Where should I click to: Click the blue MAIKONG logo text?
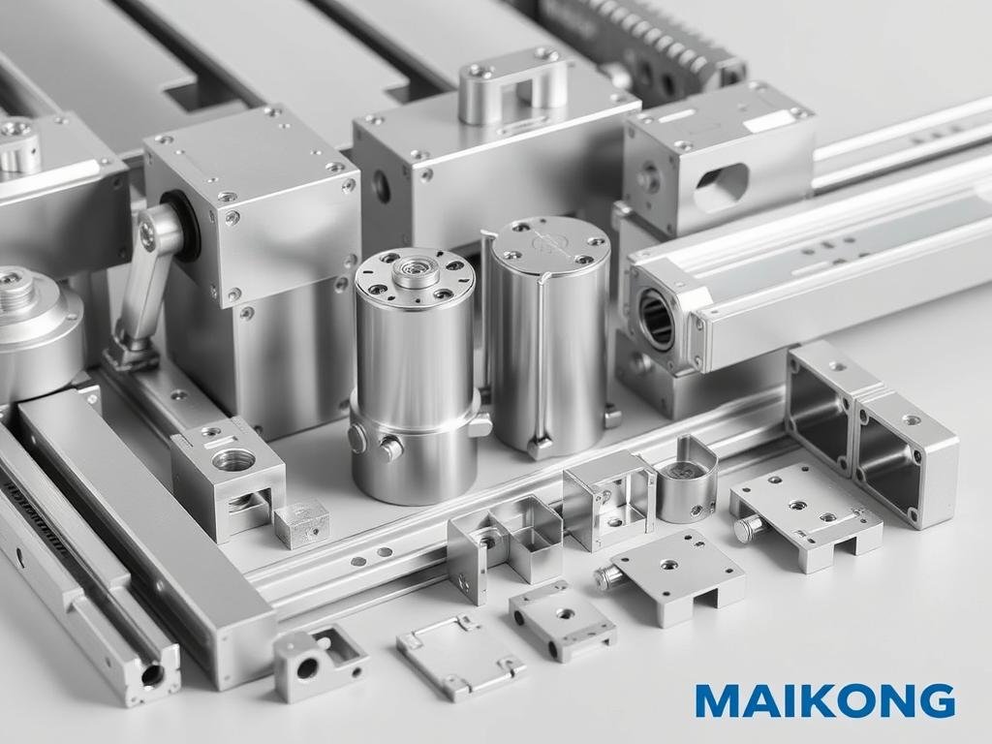[x=824, y=700]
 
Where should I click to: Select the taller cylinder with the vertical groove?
[x=548, y=334]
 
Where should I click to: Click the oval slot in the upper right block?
[x=722, y=187]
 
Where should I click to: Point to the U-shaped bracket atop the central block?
[x=513, y=87]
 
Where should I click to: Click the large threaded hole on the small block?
[x=233, y=460]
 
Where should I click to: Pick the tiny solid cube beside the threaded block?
[x=300, y=523]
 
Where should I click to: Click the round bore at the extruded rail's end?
[x=656, y=321]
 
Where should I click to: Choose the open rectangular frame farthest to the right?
[x=906, y=455]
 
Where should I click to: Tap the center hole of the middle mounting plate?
[x=668, y=564]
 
